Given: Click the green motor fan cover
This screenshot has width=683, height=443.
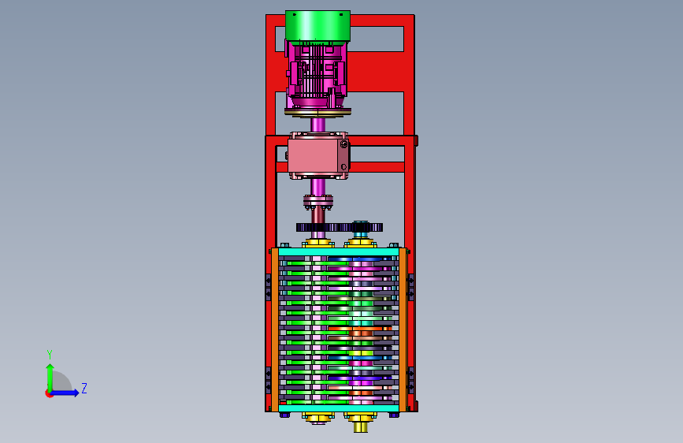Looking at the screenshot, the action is (x=317, y=26).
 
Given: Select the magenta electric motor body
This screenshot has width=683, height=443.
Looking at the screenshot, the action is (x=317, y=74).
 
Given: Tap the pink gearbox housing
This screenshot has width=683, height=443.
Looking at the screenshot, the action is (x=318, y=155).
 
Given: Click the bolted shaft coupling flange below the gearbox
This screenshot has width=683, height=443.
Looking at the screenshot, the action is (x=318, y=202).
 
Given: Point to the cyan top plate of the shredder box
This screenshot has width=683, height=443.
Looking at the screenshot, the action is (x=339, y=251).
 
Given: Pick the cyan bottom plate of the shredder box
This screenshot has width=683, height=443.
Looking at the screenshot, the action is (x=339, y=408).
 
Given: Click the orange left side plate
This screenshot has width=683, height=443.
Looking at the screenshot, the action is (x=275, y=329).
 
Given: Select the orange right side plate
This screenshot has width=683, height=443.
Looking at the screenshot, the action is (x=403, y=329).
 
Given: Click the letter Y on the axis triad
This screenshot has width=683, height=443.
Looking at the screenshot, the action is (x=50, y=354).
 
